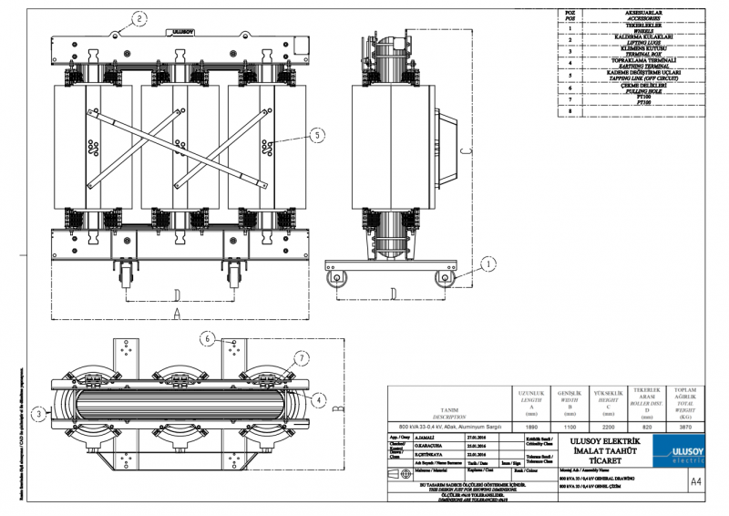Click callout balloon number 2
coord(139,17)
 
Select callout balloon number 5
coord(316,135)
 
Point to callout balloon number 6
coord(208,337)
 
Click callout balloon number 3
coord(37,413)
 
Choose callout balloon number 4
coord(319,398)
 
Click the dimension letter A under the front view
coord(177,313)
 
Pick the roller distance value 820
coord(647,426)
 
